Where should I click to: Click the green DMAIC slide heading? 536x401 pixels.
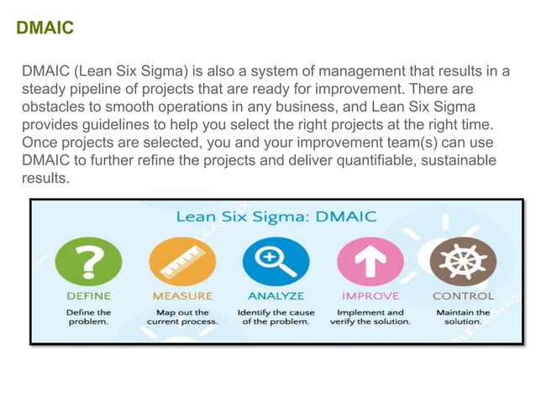tap(45, 29)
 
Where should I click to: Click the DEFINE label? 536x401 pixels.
tap(88, 296)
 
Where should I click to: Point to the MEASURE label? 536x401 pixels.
tap(182, 296)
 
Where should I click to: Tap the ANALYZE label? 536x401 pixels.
tap(276, 296)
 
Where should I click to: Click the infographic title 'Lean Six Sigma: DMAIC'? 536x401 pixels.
tap(276, 217)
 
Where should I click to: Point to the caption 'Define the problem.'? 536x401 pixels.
tap(88, 316)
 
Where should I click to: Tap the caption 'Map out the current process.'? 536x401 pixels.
tap(182, 316)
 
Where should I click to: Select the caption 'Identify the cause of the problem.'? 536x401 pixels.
tap(276, 316)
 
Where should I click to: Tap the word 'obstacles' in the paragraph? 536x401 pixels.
tap(53, 107)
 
